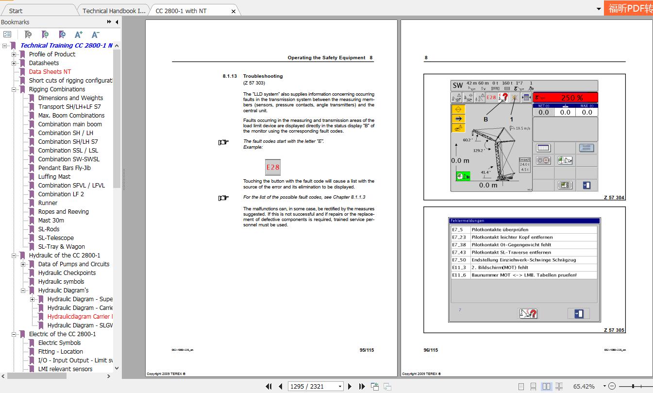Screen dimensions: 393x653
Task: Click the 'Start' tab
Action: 16,11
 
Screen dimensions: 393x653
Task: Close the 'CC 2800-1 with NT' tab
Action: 234,11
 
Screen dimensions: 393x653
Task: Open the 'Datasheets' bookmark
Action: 44,63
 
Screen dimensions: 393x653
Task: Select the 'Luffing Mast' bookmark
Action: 54,177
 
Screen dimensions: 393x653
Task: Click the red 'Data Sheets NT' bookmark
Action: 50,72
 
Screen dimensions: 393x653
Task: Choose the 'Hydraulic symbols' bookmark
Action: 61,282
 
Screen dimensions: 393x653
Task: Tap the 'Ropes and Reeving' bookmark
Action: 64,212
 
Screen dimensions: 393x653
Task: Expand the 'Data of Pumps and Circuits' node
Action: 23,264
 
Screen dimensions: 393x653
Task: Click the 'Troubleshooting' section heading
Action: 263,76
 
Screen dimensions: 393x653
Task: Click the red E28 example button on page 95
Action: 272,168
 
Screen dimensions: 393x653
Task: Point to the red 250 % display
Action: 571,98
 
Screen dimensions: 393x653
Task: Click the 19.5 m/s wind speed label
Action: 522,128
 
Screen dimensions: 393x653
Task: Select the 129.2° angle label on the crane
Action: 478,151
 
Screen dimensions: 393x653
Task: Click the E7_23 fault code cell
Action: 459,238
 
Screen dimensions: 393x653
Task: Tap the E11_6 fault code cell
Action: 459,275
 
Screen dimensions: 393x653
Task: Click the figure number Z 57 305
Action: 614,330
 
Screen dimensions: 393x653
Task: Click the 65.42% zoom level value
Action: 584,386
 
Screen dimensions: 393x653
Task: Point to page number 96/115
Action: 431,350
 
